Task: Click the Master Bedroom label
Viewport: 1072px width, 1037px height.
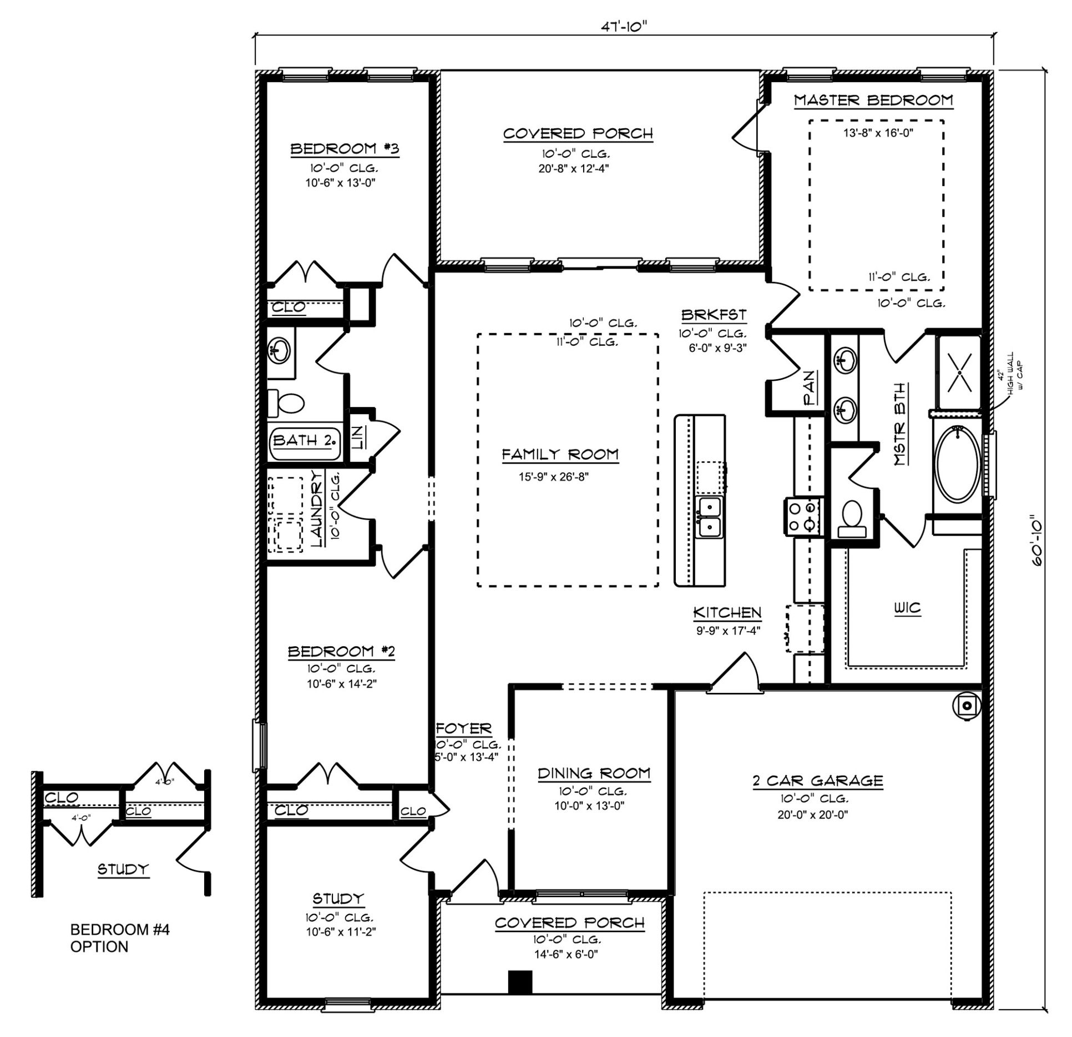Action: point(873,100)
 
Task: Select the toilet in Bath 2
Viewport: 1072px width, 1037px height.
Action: point(286,403)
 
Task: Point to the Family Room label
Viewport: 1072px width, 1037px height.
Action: point(560,455)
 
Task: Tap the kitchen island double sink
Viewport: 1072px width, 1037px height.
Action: point(710,517)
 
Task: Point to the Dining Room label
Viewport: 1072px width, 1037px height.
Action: point(594,773)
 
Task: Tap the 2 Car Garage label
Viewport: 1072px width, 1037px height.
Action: point(818,781)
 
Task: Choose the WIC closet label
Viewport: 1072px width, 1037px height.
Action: point(907,608)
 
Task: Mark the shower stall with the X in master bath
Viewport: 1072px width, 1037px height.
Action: point(959,371)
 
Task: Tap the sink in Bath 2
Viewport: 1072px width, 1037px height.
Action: point(279,351)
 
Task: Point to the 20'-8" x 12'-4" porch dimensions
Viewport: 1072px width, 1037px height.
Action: point(574,168)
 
